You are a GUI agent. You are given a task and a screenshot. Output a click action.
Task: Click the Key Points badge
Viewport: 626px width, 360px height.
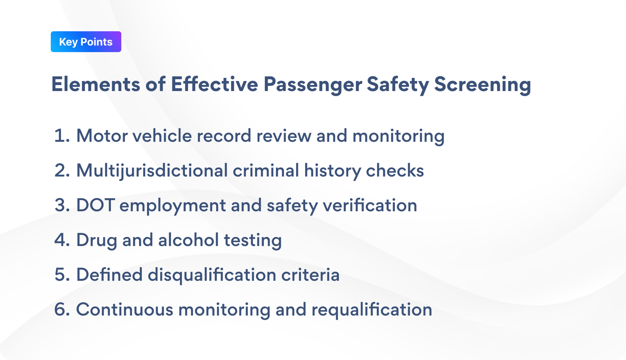point(86,42)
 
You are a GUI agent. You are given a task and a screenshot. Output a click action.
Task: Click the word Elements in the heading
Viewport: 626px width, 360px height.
point(96,84)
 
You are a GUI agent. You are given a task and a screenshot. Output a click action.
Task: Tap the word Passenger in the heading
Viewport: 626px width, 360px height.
point(312,84)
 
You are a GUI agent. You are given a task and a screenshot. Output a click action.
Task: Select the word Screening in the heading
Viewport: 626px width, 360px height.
point(482,84)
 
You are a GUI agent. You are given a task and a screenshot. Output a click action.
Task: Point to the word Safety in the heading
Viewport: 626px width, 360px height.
point(398,84)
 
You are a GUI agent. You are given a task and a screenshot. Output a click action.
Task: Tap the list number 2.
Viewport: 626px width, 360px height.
point(62,170)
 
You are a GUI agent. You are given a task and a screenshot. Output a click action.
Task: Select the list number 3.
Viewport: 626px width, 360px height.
point(62,205)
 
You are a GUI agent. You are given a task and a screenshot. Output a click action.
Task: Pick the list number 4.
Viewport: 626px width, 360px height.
point(62,240)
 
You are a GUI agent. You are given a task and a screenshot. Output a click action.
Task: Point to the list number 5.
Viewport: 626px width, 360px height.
point(62,274)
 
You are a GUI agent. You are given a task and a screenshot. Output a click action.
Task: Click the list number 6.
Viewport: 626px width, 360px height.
point(62,309)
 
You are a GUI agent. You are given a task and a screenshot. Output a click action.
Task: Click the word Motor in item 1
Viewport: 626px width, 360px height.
point(102,136)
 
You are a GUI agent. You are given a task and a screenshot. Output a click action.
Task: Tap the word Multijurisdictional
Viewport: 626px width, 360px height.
point(152,170)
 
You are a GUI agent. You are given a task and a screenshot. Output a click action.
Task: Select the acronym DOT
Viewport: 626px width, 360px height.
point(95,205)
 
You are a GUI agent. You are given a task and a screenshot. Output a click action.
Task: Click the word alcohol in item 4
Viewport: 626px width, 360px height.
point(188,240)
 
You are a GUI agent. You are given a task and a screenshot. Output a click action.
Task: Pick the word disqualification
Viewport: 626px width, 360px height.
point(212,274)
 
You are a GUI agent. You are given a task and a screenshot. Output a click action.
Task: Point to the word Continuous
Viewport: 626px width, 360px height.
point(124,309)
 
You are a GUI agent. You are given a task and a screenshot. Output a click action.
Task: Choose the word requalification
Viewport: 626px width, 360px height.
point(372,309)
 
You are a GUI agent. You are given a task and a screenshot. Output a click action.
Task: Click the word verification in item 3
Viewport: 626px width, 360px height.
point(370,205)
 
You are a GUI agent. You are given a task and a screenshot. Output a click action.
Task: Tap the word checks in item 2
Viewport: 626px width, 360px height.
point(395,170)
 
